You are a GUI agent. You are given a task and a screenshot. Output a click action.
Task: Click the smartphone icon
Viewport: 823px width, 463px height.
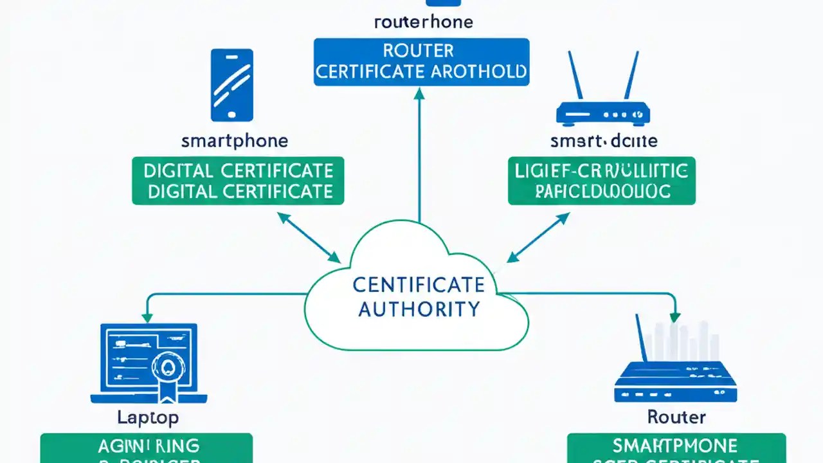(232, 85)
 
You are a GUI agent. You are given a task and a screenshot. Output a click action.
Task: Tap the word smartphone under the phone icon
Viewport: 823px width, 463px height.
(235, 141)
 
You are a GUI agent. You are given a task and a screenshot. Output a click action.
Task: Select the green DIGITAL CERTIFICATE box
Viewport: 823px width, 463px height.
(238, 181)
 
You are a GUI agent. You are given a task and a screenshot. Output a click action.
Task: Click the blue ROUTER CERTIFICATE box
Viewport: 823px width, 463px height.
(421, 61)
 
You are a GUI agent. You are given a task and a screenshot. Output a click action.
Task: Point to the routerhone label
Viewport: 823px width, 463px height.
(423, 22)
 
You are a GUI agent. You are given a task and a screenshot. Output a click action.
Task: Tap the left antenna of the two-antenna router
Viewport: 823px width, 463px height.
(574, 75)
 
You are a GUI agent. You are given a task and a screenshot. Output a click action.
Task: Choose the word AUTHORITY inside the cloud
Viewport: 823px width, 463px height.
(419, 309)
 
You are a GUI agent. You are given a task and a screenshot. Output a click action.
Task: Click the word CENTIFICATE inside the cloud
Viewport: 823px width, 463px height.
(419, 284)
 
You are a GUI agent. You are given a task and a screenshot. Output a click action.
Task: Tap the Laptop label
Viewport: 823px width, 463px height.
(148, 417)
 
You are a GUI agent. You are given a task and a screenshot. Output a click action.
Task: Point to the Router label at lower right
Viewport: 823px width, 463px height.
(676, 417)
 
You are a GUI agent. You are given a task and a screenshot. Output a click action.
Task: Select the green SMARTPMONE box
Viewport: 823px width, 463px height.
(676, 448)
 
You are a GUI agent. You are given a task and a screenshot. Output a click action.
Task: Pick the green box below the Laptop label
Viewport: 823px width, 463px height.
(146, 448)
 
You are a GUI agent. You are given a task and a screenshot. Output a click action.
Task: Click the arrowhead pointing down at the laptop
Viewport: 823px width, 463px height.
(147, 316)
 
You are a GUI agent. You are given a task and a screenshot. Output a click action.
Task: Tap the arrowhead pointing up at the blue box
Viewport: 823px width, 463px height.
(419, 94)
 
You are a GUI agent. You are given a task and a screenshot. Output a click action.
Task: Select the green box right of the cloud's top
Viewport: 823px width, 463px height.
(601, 181)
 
